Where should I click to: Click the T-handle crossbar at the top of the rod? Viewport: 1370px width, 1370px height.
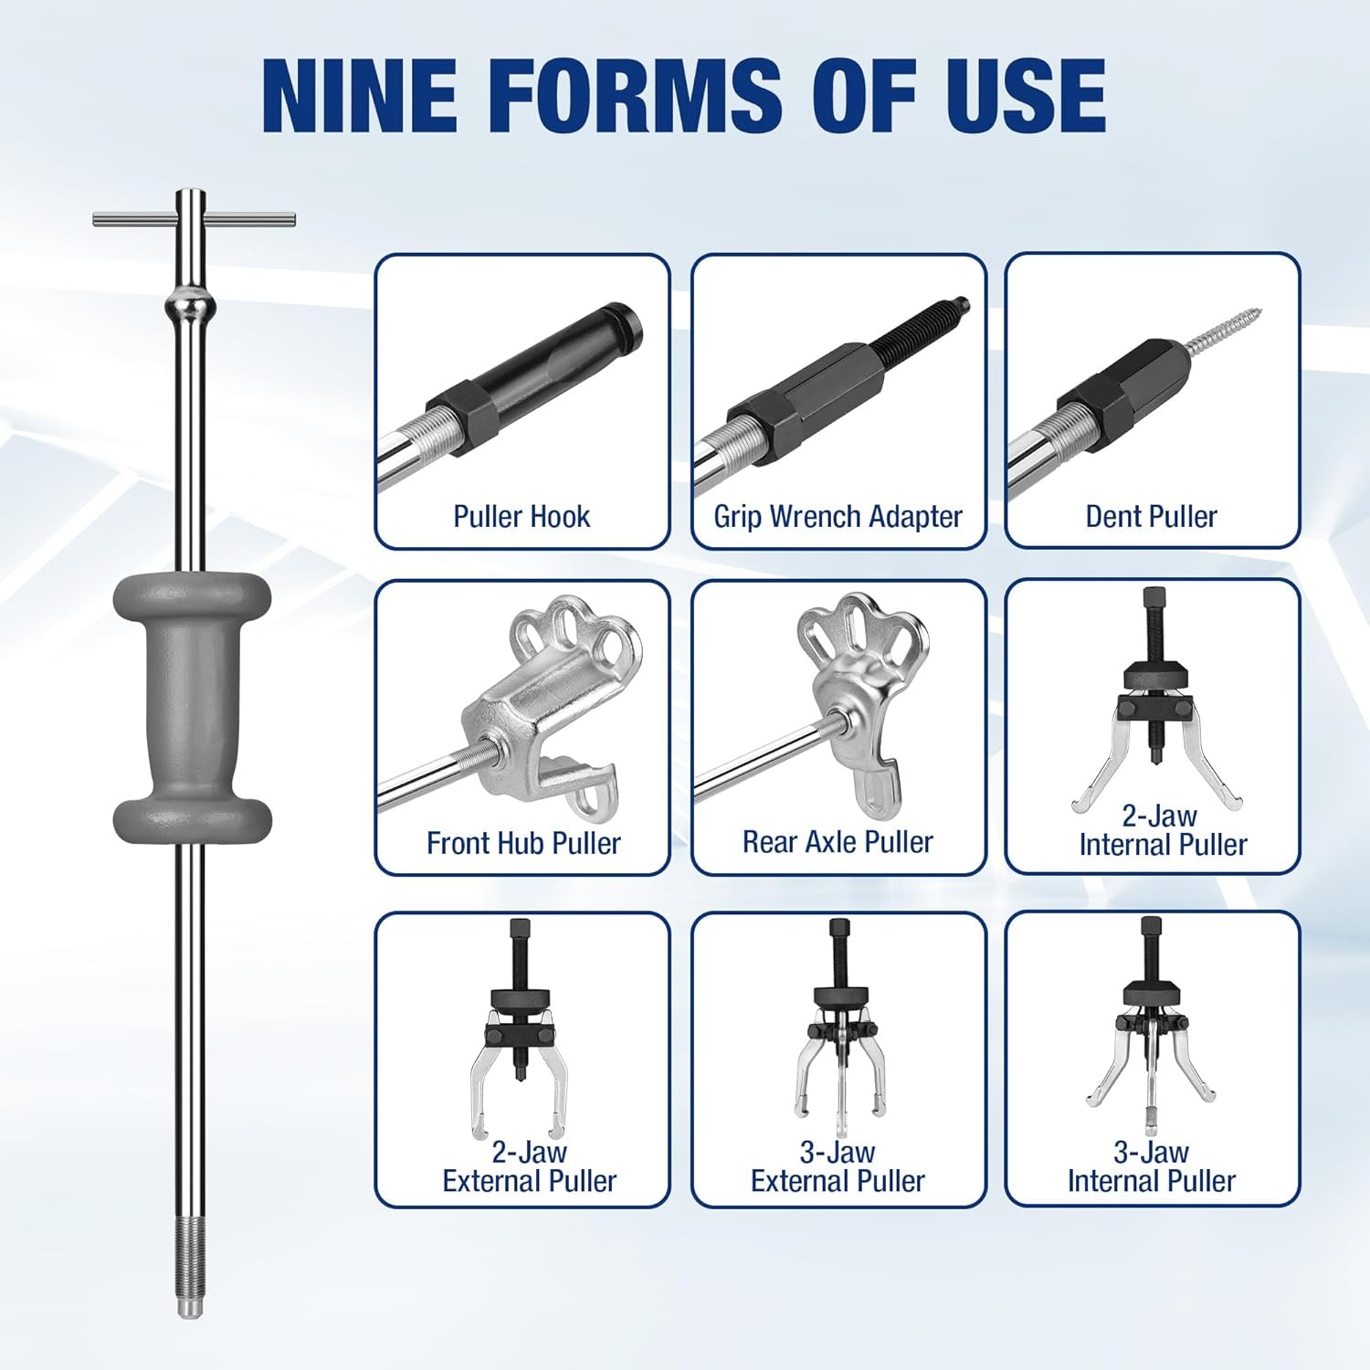click(194, 218)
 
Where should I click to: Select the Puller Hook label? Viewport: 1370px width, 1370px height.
click(522, 516)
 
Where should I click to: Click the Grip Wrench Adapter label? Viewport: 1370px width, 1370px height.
click(838, 516)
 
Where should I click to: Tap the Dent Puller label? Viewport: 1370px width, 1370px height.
click(1151, 516)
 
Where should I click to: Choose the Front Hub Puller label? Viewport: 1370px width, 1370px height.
click(523, 842)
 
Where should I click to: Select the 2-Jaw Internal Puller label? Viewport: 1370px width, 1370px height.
click(1163, 829)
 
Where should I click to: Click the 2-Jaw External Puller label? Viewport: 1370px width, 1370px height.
click(530, 1166)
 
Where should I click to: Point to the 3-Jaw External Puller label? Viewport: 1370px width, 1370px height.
click(838, 1166)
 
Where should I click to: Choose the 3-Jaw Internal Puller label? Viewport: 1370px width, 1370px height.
click(1151, 1166)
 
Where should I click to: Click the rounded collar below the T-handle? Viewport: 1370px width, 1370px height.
click(192, 302)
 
